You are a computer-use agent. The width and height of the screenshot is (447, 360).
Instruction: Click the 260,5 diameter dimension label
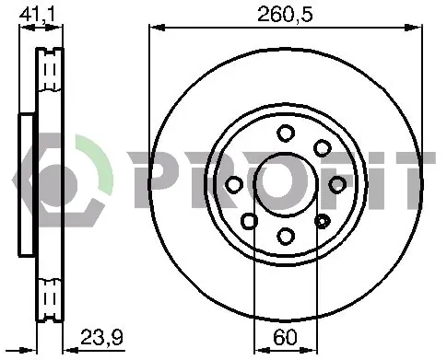[x=285, y=15]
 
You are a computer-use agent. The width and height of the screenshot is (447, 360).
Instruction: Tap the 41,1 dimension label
[x=37, y=14]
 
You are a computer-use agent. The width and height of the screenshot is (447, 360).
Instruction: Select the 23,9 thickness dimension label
[x=101, y=337]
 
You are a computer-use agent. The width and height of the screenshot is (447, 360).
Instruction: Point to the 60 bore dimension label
[x=286, y=337]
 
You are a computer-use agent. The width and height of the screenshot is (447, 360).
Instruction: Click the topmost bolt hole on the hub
[x=286, y=134]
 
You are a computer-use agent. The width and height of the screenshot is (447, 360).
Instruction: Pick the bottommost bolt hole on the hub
[x=286, y=236]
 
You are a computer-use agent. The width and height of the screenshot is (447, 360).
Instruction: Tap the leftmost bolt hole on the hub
[x=234, y=185]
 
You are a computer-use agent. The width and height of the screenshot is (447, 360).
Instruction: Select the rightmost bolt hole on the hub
[x=337, y=184]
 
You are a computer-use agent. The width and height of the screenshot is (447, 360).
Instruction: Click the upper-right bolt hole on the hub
[x=323, y=148]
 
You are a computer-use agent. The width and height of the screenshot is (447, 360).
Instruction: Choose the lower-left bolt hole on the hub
[x=249, y=221]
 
